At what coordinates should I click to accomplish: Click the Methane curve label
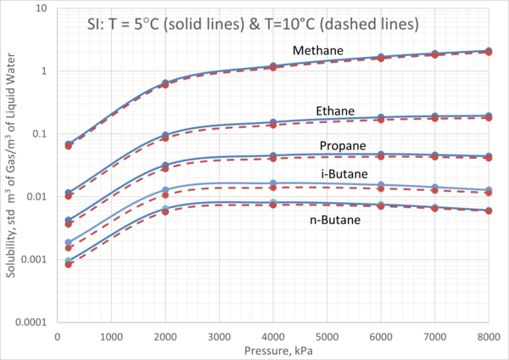click(317, 52)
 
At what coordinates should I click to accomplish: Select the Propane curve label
click(342, 145)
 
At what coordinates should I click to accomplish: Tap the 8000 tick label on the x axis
click(488, 336)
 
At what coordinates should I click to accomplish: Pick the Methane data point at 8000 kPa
click(488, 52)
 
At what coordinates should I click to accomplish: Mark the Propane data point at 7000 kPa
click(434, 156)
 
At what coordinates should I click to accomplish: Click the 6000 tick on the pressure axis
click(381, 336)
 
